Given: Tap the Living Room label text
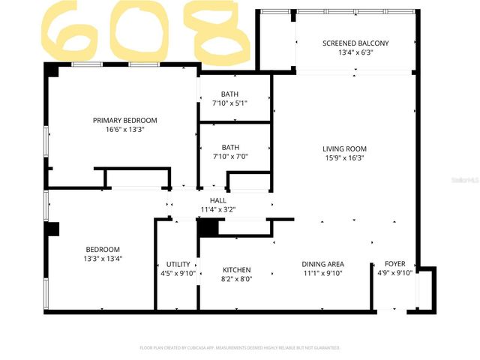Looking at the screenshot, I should tap(344, 148).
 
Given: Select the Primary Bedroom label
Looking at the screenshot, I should tap(124, 120).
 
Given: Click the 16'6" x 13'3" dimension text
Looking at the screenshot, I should tap(124, 129).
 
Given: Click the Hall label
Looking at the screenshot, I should tap(218, 200).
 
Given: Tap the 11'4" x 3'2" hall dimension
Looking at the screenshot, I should tap(218, 209).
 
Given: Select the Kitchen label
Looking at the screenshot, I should tap(237, 270).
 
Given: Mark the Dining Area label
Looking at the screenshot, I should tap(322, 264).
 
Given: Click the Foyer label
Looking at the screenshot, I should tap(395, 264).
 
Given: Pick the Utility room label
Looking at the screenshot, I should tap(178, 264).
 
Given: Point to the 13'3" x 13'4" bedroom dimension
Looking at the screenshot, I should tap(103, 259).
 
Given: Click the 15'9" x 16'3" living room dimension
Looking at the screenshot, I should tap(344, 157).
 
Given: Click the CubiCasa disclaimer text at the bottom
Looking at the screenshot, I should tap(240, 348).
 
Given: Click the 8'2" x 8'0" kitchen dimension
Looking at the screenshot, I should tap(237, 279).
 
